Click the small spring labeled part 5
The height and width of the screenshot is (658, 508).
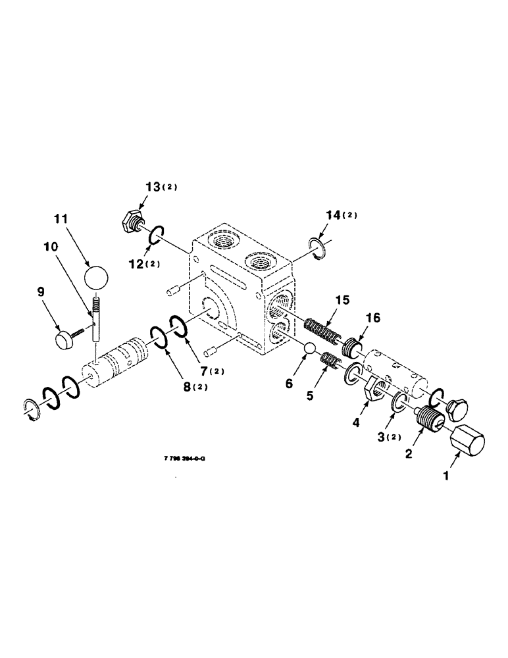(329, 361)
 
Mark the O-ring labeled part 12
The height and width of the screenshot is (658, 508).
(155, 236)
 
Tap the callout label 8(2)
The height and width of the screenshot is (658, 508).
(194, 386)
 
